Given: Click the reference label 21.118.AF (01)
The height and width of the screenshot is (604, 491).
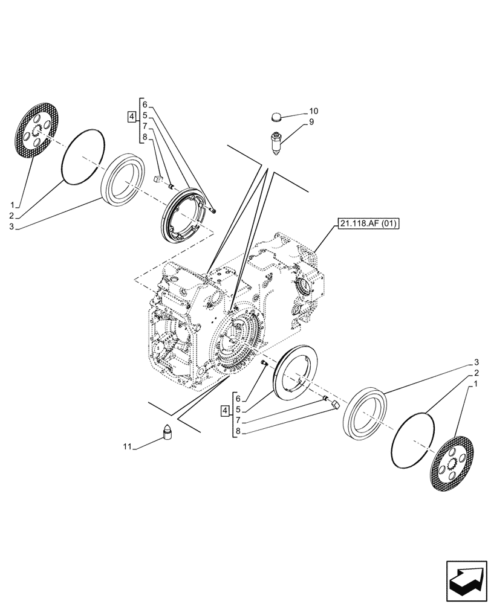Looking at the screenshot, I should (x=369, y=224).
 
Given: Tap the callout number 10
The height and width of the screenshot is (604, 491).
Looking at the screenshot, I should (x=313, y=111).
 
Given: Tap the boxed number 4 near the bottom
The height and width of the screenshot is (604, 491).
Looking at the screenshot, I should (x=225, y=411).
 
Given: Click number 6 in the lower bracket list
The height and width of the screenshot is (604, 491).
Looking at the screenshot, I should (x=238, y=399).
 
